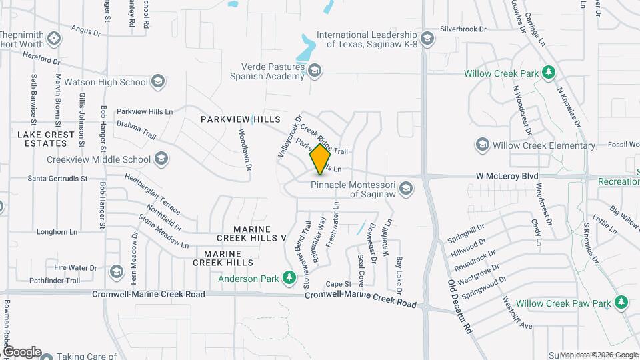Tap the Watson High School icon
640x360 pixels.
[x=157, y=82]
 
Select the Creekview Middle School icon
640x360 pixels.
[x=161, y=159]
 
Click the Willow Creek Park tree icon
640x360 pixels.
[x=548, y=71]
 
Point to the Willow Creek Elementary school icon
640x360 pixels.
[x=482, y=145]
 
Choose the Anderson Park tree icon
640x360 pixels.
[x=289, y=277]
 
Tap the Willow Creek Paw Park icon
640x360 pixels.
[x=621, y=303]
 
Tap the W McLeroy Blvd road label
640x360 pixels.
[x=507, y=176]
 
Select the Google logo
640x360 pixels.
[x=22, y=351]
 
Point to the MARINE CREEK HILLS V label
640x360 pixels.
[x=251, y=237]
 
